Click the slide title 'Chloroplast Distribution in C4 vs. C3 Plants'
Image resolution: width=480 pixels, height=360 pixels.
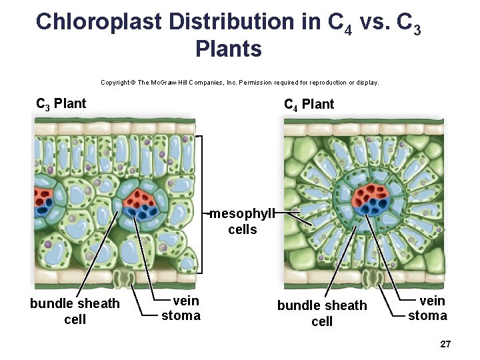[x=229, y=35]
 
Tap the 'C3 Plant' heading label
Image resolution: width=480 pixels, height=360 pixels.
[x=61, y=103]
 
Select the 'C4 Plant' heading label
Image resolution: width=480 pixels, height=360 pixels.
[x=309, y=104]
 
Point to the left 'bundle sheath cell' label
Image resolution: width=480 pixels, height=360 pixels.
[x=75, y=311]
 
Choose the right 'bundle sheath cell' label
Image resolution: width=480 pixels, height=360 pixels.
[x=322, y=313]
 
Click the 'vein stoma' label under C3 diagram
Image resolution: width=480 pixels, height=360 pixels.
[x=181, y=308]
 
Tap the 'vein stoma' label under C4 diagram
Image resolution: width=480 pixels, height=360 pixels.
[x=427, y=308]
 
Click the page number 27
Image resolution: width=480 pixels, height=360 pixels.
[x=446, y=344]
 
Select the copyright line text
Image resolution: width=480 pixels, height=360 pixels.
[x=239, y=83]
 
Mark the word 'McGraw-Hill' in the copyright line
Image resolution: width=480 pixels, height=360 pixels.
[x=174, y=83]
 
